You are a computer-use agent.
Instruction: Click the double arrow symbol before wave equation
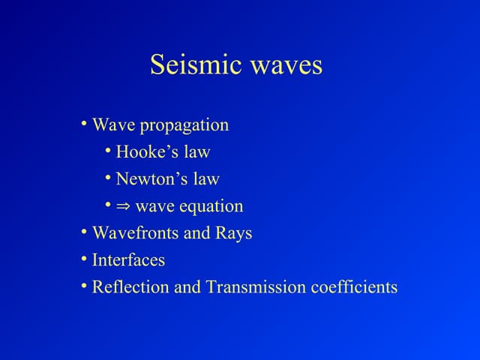click(x=123, y=207)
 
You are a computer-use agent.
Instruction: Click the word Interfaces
click(x=128, y=260)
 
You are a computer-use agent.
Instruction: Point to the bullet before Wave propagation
click(x=85, y=123)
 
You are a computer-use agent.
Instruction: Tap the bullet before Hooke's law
click(x=109, y=150)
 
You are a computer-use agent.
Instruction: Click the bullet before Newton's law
click(x=109, y=177)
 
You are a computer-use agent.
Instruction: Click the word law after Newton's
click(x=205, y=179)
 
